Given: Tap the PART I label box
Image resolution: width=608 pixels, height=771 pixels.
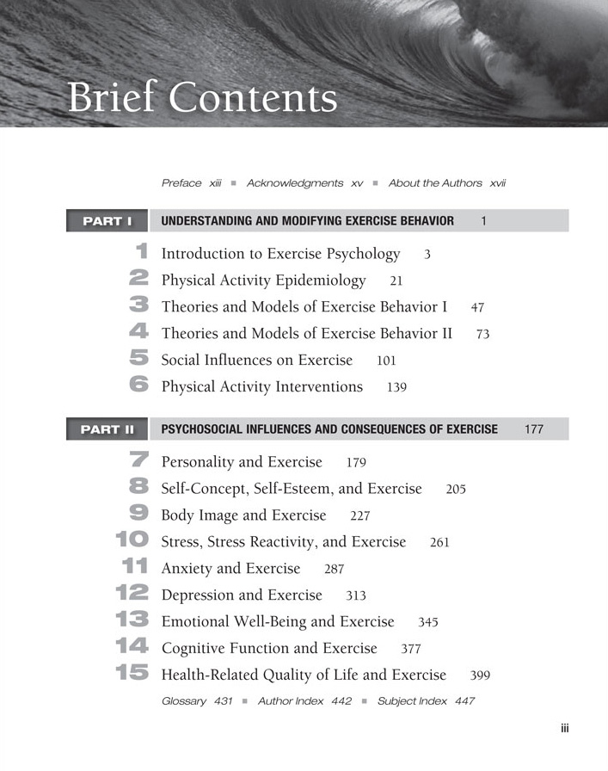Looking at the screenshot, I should (107, 221).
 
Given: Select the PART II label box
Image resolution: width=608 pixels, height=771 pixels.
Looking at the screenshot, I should (107, 429).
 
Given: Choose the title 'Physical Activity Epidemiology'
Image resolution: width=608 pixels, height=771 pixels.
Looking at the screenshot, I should (263, 281).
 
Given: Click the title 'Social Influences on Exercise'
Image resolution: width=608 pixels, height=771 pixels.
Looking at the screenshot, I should (257, 360).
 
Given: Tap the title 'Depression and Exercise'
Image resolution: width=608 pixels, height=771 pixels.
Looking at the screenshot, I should (242, 595).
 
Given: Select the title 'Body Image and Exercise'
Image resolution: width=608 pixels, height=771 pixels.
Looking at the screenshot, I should (243, 515).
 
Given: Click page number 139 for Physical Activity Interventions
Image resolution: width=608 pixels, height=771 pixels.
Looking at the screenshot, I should (396, 387).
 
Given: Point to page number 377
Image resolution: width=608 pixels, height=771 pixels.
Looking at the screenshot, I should (411, 649).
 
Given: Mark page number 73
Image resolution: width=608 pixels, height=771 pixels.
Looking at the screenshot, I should (482, 334).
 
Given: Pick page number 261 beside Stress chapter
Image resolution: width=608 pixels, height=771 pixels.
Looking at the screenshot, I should (439, 543).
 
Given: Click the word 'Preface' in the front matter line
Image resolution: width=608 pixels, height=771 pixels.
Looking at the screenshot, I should (181, 183).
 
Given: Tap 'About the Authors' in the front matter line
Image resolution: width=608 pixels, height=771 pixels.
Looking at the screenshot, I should (435, 183).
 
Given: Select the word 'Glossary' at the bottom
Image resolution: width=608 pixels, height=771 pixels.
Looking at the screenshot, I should (184, 701).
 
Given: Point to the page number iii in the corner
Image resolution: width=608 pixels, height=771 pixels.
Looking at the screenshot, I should (564, 728).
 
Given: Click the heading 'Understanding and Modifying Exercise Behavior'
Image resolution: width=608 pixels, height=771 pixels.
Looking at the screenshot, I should (308, 221).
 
